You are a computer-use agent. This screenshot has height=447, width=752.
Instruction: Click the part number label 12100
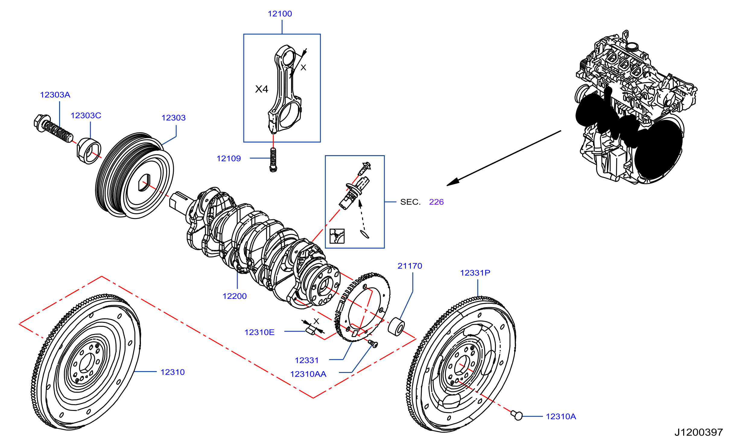pyautogui.click(x=280, y=14)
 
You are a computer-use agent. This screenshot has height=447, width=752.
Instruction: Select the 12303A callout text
pyautogui.click(x=55, y=95)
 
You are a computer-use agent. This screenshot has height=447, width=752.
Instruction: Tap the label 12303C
pyautogui.click(x=86, y=116)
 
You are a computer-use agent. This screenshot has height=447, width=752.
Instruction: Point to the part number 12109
pyautogui.click(x=229, y=159)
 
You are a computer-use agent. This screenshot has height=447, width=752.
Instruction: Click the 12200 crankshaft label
pyautogui.click(x=234, y=296)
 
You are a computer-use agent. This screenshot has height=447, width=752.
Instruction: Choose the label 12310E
pyautogui.click(x=259, y=333)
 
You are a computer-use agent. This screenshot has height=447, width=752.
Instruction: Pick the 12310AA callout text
pyautogui.click(x=308, y=374)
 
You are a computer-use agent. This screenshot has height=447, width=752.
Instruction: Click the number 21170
pyautogui.click(x=410, y=266)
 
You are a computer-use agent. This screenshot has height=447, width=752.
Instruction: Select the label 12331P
pyautogui.click(x=475, y=273)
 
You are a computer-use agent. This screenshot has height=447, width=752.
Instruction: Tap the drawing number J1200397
pyautogui.click(x=699, y=433)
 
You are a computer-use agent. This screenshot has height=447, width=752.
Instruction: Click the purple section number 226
pyautogui.click(x=436, y=202)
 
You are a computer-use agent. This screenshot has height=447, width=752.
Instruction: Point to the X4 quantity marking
pyautogui.click(x=262, y=89)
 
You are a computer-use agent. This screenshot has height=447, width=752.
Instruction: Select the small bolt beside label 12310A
pyautogui.click(x=517, y=415)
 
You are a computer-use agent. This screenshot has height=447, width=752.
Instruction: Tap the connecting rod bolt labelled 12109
pyautogui.click(x=273, y=160)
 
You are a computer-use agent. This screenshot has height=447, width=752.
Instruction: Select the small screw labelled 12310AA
pyautogui.click(x=373, y=344)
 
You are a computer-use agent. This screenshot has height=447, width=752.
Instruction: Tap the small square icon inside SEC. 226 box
pyautogui.click(x=337, y=236)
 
